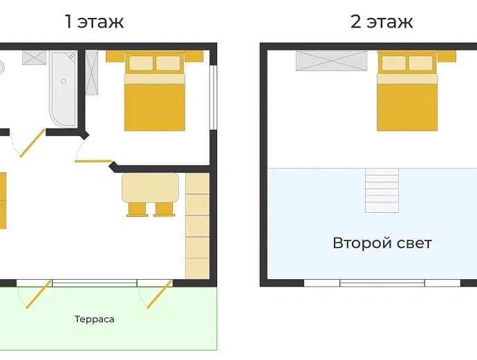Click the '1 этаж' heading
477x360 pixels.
pos(95,21)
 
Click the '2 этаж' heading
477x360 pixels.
pos(382,21)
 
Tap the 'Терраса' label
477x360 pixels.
pos(94,319)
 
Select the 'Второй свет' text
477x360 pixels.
pos(382,243)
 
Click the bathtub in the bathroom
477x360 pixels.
pos(64,88)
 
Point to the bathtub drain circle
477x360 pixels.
pos(64,81)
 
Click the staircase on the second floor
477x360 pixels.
pos(382,190)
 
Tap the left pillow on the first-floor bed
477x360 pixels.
pos(141,63)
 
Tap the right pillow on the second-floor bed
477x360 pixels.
pos(421,63)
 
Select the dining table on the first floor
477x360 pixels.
pos(150,187)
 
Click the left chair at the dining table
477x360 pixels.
pos(137,209)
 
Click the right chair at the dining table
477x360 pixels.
pos(165,209)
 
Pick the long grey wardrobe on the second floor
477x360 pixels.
pos(332,61)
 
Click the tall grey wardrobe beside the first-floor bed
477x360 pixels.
pos(91,73)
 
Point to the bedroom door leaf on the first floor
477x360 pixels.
pos(93,161)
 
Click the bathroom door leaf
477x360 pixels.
pos(32,143)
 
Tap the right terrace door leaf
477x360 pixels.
pos(160,294)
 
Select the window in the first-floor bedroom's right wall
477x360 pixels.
pos(214,97)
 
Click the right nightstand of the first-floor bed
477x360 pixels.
pos(194,56)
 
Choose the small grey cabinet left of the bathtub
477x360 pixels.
pos(34,57)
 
